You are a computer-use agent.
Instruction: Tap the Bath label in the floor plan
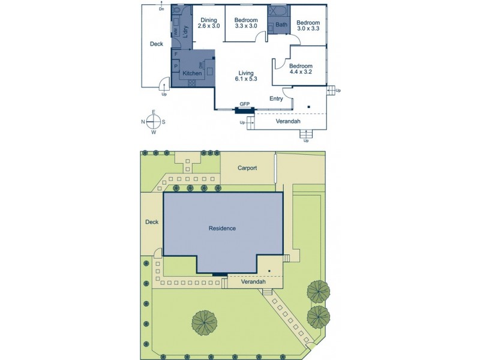[282, 25]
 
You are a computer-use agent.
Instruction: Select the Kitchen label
[193, 73]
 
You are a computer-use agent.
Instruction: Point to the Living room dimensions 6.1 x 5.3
[247, 79]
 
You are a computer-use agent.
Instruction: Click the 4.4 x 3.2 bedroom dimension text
[301, 73]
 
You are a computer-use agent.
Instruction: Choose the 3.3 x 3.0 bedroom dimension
[245, 26]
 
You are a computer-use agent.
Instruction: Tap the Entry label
[277, 99]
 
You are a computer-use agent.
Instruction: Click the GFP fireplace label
[245, 104]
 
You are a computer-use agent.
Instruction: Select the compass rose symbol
[154, 122]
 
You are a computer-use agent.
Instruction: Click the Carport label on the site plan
[247, 168]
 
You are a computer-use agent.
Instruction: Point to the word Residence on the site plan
[222, 228]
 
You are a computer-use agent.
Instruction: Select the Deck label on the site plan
[152, 222]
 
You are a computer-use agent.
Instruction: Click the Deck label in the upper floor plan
[156, 44]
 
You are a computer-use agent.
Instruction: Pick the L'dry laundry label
[186, 34]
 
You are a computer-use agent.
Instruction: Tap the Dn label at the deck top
[161, 10]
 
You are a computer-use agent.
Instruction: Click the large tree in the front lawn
[205, 323]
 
